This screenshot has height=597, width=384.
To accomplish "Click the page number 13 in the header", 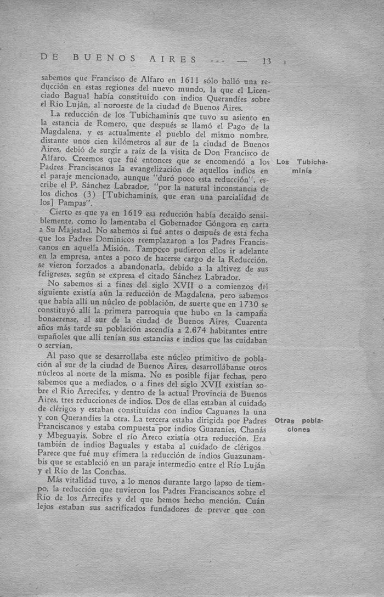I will [x=267, y=60].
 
